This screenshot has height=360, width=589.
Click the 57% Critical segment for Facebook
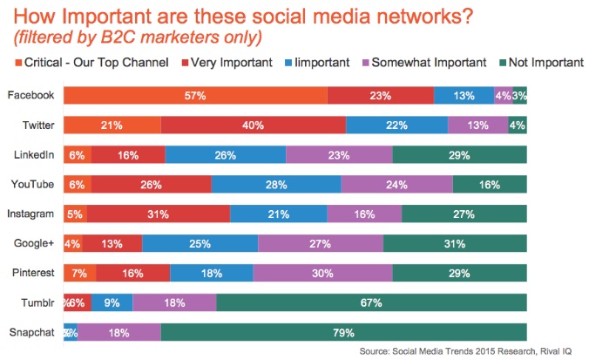(195, 97)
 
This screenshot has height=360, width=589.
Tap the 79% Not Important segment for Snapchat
(343, 331)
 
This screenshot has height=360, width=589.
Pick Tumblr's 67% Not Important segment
(371, 302)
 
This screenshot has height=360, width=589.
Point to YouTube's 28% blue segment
(275, 184)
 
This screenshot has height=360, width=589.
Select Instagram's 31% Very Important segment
(158, 214)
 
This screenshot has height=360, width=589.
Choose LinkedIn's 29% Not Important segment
(459, 155)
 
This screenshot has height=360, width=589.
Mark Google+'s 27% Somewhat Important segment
(320, 243)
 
